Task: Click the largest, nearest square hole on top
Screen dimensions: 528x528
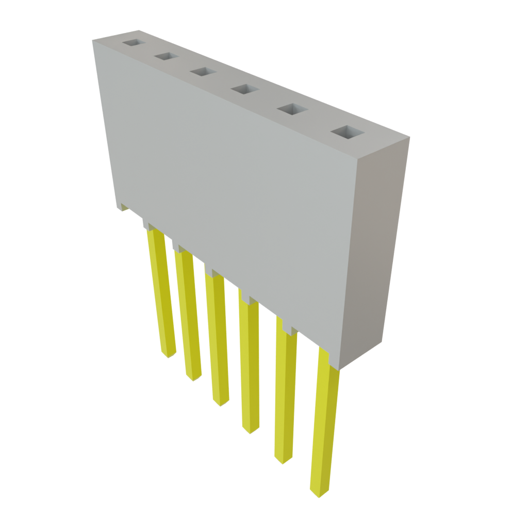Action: tap(347, 133)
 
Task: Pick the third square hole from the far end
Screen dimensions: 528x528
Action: tap(202, 72)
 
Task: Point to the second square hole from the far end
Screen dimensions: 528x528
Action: tap(166, 56)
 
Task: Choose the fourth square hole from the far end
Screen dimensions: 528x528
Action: tap(244, 90)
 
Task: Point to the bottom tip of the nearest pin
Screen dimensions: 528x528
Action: tap(318, 492)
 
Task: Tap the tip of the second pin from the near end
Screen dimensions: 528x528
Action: tap(283, 459)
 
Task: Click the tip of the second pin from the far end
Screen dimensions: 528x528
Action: tap(193, 377)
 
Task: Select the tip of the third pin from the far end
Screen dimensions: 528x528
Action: tap(221, 402)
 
